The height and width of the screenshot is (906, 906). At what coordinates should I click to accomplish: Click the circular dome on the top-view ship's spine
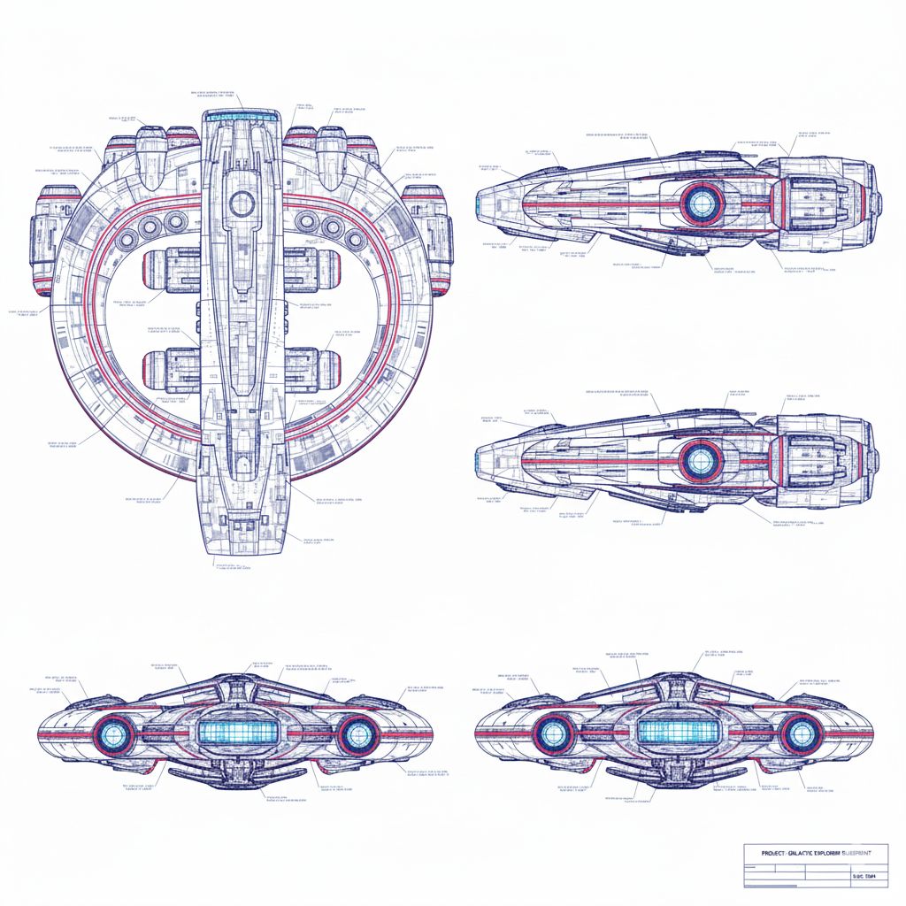(x=242, y=203)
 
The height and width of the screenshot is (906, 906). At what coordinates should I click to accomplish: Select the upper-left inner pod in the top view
(x=172, y=270)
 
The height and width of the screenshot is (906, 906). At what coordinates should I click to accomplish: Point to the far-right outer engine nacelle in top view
(x=427, y=237)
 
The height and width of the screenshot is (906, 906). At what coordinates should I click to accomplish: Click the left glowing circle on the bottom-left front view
(x=116, y=733)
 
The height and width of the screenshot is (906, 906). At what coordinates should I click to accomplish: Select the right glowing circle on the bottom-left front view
(x=357, y=733)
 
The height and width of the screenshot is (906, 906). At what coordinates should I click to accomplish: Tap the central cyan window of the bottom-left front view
(x=235, y=731)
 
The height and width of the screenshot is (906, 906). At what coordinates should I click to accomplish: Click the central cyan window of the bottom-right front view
(x=676, y=730)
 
